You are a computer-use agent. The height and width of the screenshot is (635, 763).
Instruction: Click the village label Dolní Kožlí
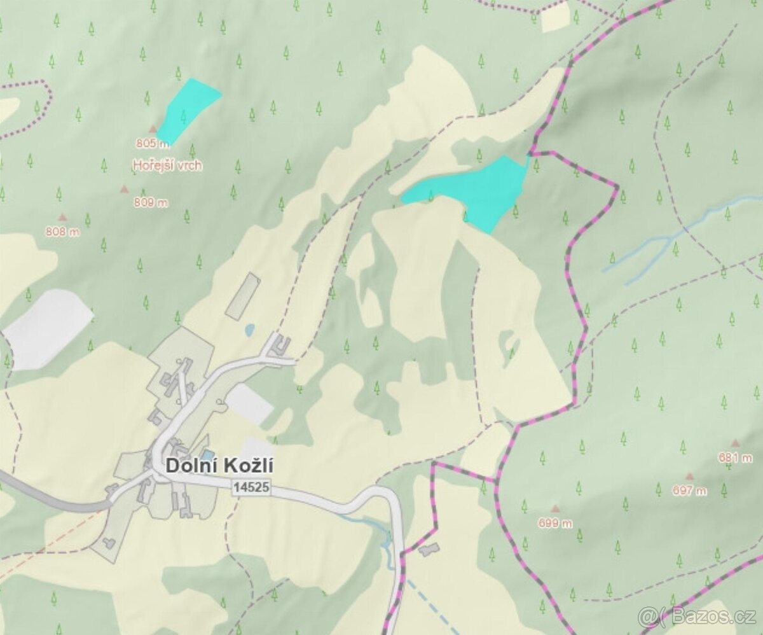pyautogui.click(x=219, y=466)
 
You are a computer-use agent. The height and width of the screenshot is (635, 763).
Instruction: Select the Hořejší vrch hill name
pyautogui.click(x=167, y=165)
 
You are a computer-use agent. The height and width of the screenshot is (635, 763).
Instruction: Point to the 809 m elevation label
pyautogui.click(x=151, y=203)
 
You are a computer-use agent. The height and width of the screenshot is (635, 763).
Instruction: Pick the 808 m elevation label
pyautogui.click(x=62, y=232)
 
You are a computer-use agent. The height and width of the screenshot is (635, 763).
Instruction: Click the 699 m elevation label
pyautogui.click(x=555, y=524)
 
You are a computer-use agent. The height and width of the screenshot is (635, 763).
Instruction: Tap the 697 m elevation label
pyautogui.click(x=689, y=491)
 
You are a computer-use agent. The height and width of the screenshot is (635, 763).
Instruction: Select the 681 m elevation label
pyautogui.click(x=735, y=457)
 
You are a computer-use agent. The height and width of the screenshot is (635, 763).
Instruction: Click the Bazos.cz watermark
pyautogui.click(x=698, y=617)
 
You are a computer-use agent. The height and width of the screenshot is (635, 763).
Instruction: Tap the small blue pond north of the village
pyautogui.click(x=250, y=330)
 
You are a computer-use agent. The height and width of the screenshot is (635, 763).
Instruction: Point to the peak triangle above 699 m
pyautogui.click(x=555, y=509)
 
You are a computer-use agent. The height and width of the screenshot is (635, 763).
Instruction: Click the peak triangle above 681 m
pyautogui.click(x=735, y=443)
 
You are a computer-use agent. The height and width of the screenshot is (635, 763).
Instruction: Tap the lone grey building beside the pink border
pyautogui.click(x=429, y=549)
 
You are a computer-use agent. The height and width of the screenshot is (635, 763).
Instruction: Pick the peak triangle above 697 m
pyautogui.click(x=689, y=476)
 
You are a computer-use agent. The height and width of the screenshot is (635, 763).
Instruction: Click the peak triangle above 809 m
pyautogui.click(x=124, y=189)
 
